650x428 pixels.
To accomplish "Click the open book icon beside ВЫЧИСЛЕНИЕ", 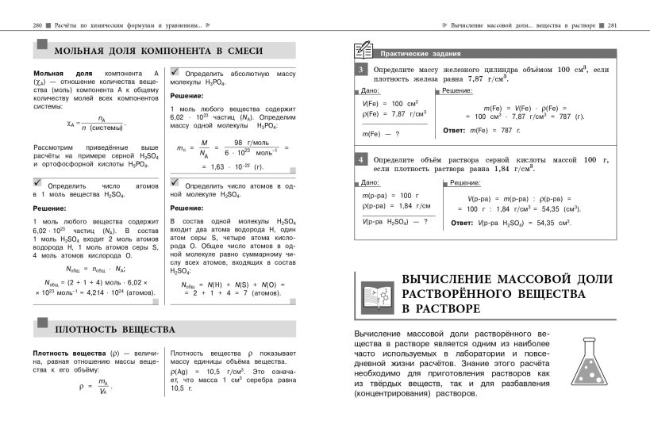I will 378,294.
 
